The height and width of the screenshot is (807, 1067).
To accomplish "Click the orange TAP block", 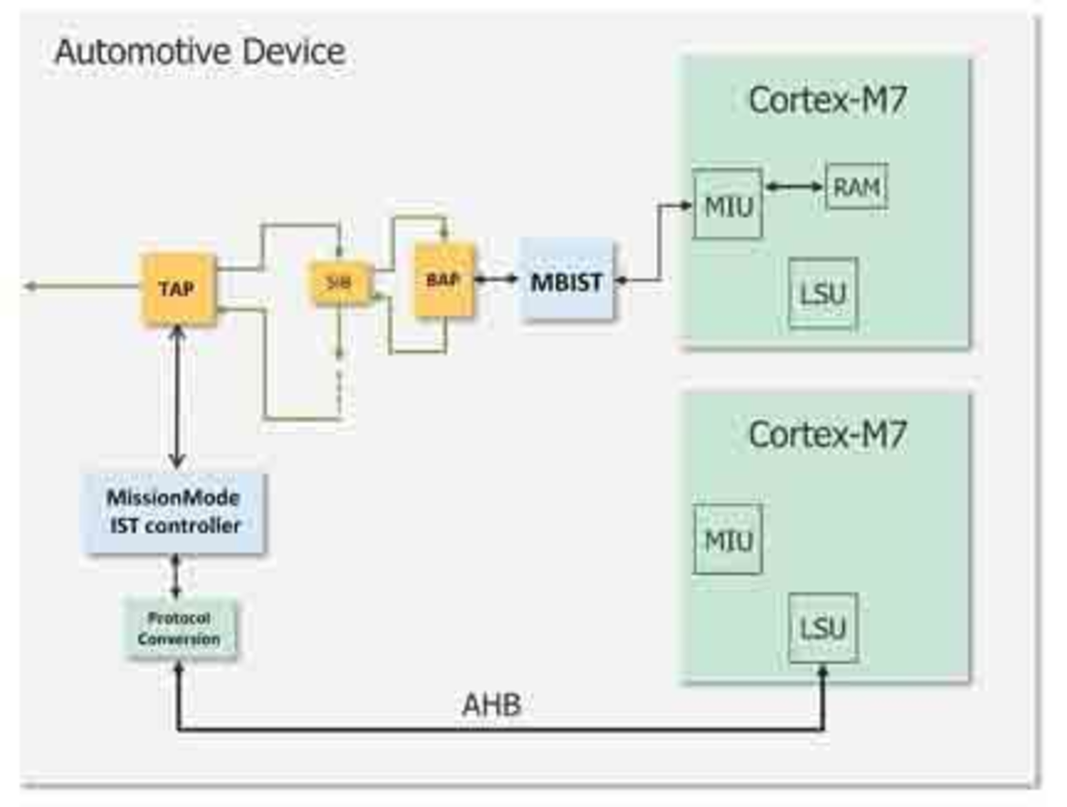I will point(178,288).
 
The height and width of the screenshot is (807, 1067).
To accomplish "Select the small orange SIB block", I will point(339,283).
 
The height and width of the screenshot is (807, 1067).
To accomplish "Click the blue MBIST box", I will point(566,281).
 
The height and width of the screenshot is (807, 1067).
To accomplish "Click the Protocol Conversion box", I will point(180,628).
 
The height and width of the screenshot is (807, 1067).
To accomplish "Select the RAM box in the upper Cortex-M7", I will point(856,187).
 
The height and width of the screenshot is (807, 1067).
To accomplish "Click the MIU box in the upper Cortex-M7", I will point(728,205).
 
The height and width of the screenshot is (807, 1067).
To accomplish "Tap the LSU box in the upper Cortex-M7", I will point(823,293).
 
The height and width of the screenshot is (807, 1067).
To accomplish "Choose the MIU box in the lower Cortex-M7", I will point(728,539).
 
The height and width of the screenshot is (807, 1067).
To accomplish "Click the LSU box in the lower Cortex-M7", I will point(823,628).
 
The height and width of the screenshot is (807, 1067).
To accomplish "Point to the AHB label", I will point(491,705).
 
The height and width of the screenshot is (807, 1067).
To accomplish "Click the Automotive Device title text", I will point(201,52).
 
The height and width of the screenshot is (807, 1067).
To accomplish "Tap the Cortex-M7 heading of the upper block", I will point(827,101).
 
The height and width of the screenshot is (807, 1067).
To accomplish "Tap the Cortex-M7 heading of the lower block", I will point(827,435).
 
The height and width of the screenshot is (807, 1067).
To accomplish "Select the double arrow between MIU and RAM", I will point(794,187).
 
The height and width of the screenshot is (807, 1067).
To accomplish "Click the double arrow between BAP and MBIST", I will point(496,279).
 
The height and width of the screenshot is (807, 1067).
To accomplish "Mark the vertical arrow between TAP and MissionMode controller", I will point(177,398).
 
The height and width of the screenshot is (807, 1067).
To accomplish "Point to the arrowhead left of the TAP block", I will point(31,286).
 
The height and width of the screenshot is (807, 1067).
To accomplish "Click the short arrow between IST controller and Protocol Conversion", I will point(176,576).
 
